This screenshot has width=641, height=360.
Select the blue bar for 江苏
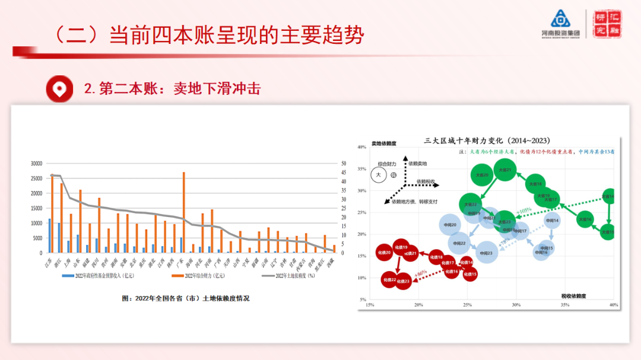pos(50,236)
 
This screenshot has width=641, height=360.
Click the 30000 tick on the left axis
pos(36,163)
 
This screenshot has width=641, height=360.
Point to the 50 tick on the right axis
pos(343,163)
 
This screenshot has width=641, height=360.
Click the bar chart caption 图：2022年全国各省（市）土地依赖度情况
pos(185,298)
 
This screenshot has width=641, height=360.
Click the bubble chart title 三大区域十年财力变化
pos(486,141)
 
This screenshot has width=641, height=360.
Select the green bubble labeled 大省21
pos(505,170)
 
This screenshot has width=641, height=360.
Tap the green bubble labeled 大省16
pos(585,219)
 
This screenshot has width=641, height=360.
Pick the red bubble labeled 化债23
pos(404,281)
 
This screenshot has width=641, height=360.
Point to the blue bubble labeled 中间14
pos(552,221)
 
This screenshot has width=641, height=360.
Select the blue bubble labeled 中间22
pos(459,243)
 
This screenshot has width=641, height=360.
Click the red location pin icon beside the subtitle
pos(59,89)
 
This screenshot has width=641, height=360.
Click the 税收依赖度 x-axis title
pos(575,295)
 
